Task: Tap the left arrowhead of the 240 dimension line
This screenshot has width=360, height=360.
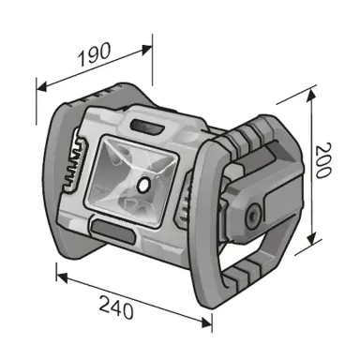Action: [59, 275]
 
